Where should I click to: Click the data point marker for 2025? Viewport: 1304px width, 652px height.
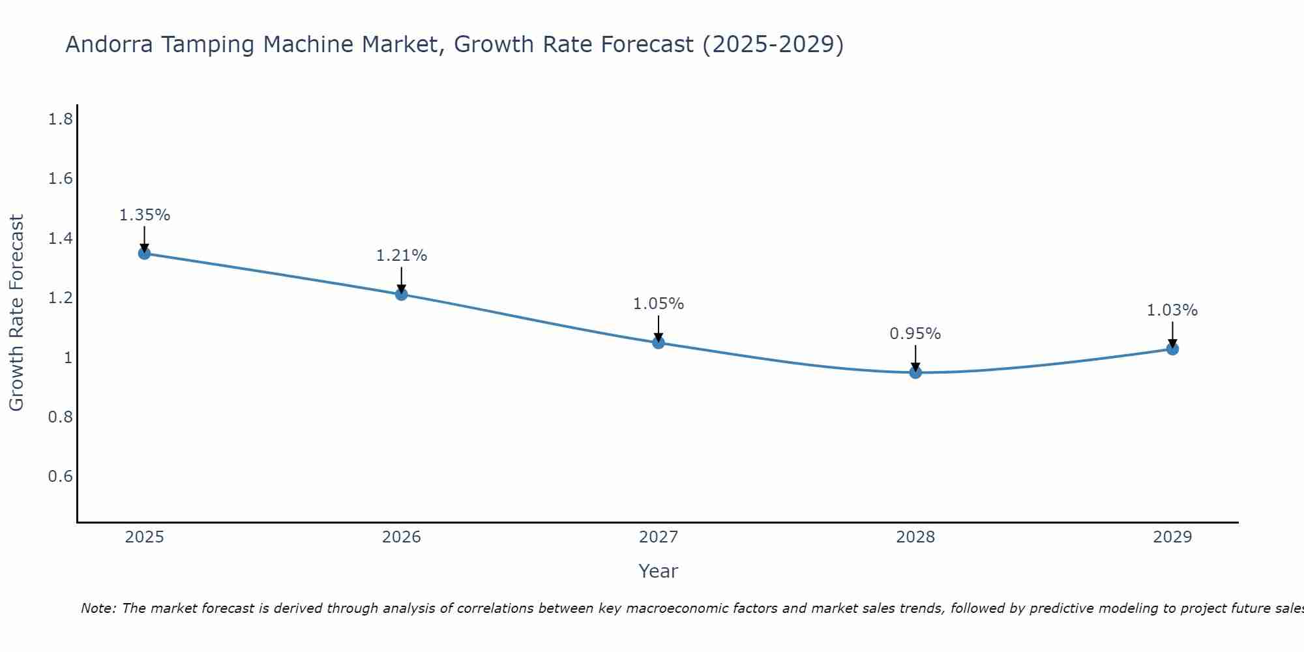(144, 253)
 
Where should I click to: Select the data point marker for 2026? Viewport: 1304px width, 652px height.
(401, 294)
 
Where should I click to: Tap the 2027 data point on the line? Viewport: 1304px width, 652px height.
(658, 342)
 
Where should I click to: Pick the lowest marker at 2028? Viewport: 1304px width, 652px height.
(915, 372)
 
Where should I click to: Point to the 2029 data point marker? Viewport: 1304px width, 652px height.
(1172, 349)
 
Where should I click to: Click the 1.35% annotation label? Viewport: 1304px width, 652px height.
(144, 215)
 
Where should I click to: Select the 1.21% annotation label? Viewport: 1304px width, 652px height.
(401, 256)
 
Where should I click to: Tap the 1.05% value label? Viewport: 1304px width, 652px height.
(658, 304)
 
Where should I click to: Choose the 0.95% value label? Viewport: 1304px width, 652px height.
(915, 334)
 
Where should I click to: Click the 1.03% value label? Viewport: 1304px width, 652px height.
(1172, 310)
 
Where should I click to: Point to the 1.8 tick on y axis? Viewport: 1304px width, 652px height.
(60, 119)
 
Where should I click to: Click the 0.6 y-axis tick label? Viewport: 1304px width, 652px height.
(60, 477)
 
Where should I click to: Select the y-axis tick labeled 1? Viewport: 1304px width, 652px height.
(68, 357)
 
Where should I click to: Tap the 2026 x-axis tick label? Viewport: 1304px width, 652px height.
(401, 537)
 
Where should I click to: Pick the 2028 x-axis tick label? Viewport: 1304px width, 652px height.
(915, 537)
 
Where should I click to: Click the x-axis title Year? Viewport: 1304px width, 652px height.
(658, 571)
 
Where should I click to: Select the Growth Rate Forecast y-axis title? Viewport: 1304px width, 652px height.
(16, 313)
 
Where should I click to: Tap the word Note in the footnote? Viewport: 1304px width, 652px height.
(97, 608)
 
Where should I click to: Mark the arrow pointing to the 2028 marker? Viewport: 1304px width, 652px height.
(915, 357)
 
